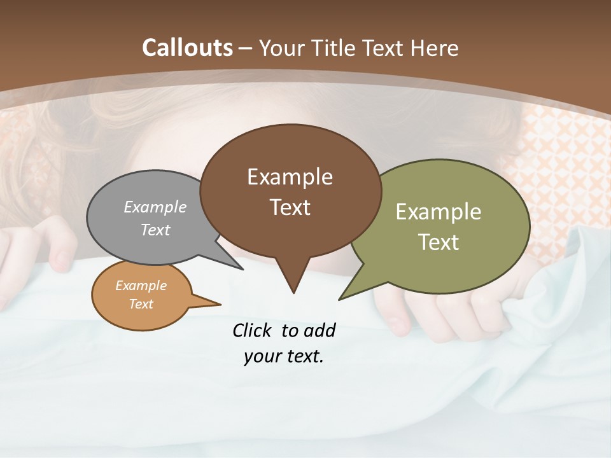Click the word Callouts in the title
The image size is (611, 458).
point(188,48)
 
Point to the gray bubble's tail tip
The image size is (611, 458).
point(242,269)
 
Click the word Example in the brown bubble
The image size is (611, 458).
point(290,177)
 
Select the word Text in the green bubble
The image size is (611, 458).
point(439,242)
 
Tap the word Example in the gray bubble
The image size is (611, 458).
point(155,207)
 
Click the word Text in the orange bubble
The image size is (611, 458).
point(141,304)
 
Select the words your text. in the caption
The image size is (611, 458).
point(284,356)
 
